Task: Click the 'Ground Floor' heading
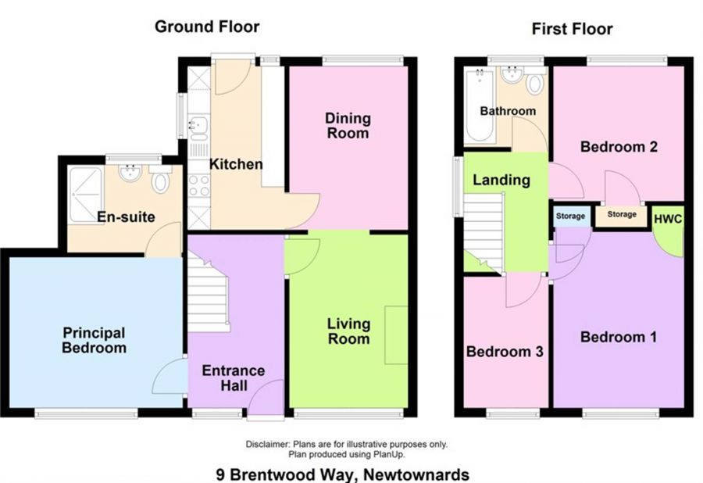click(x=207, y=27)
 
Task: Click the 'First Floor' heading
click(x=572, y=29)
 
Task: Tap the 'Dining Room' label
click(x=348, y=126)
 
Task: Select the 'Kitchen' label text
click(x=236, y=165)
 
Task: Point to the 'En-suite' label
click(x=126, y=216)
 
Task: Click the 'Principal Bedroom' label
click(x=94, y=341)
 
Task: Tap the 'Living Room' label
click(x=348, y=331)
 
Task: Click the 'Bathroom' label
click(x=508, y=111)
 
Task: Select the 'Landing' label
click(x=501, y=180)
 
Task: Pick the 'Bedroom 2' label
click(x=617, y=146)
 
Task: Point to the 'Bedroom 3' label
click(x=505, y=352)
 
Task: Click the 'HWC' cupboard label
click(x=668, y=219)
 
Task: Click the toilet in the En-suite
click(x=161, y=183)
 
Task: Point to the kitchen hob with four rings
click(x=198, y=186)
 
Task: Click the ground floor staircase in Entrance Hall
click(x=206, y=297)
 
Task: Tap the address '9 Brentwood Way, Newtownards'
click(x=343, y=474)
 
